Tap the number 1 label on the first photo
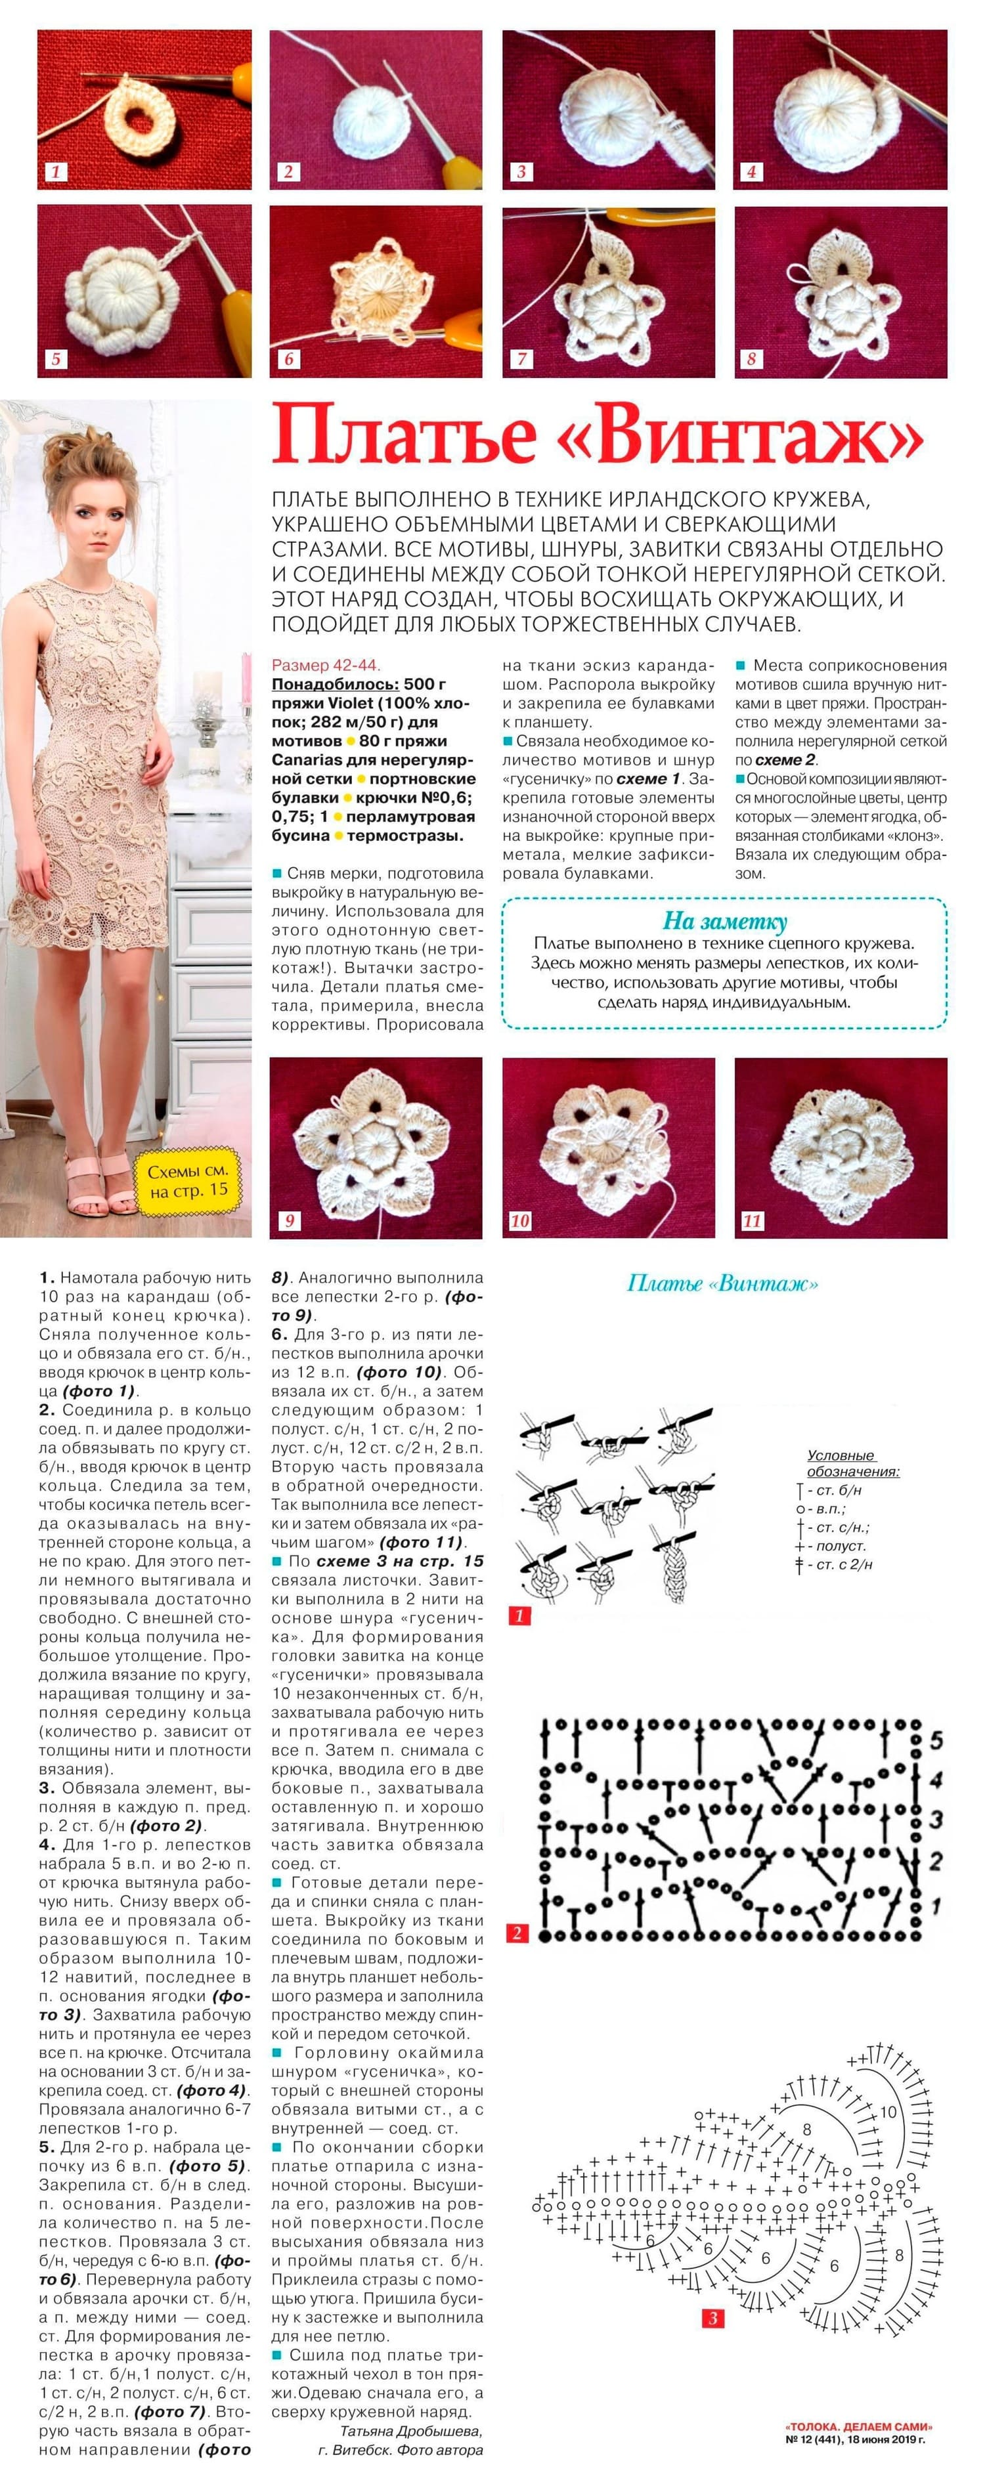pyautogui.click(x=56, y=171)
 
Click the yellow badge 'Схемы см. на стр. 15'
pyautogui.click(x=189, y=1180)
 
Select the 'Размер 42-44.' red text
pyautogui.click(x=325, y=664)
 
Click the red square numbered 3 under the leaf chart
pyautogui.click(x=713, y=2318)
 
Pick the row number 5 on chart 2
pyautogui.click(x=935, y=1742)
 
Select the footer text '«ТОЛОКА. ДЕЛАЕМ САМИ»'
pyautogui.click(x=859, y=2427)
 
